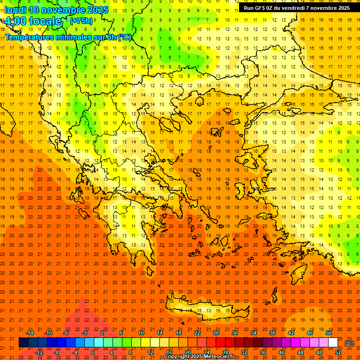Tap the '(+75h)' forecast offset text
click(81, 21)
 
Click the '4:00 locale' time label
click(33, 21)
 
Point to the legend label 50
click(329, 333)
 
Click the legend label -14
click(30, 333)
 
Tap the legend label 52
click(338, 352)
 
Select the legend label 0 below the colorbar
click(93, 352)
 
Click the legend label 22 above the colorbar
click(197, 333)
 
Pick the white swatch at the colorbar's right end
click(333, 343)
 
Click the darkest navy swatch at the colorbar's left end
click(23, 343)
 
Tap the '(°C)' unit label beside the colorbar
click(349, 343)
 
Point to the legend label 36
click(263, 352)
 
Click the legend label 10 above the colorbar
click(141, 333)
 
